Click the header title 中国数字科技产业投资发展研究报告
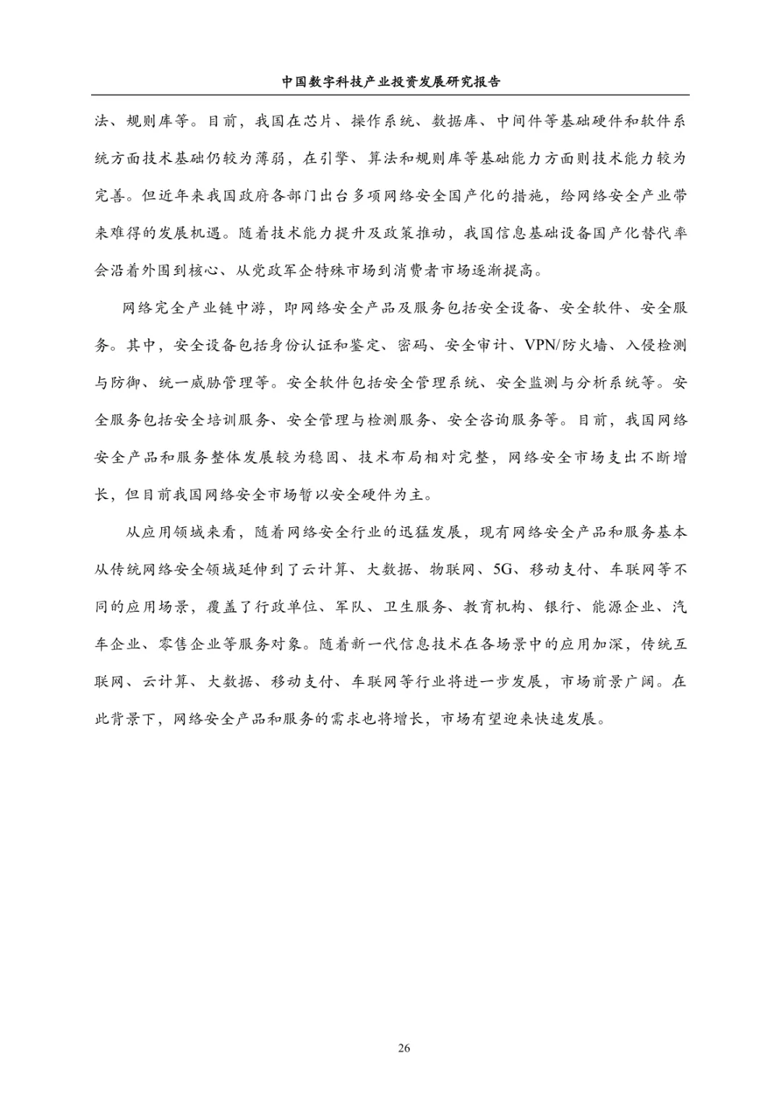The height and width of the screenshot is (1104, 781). pos(390,82)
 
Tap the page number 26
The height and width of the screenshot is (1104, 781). pos(404,1048)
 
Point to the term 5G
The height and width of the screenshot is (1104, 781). pos(503,570)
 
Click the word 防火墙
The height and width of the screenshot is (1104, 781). pos(584,345)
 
